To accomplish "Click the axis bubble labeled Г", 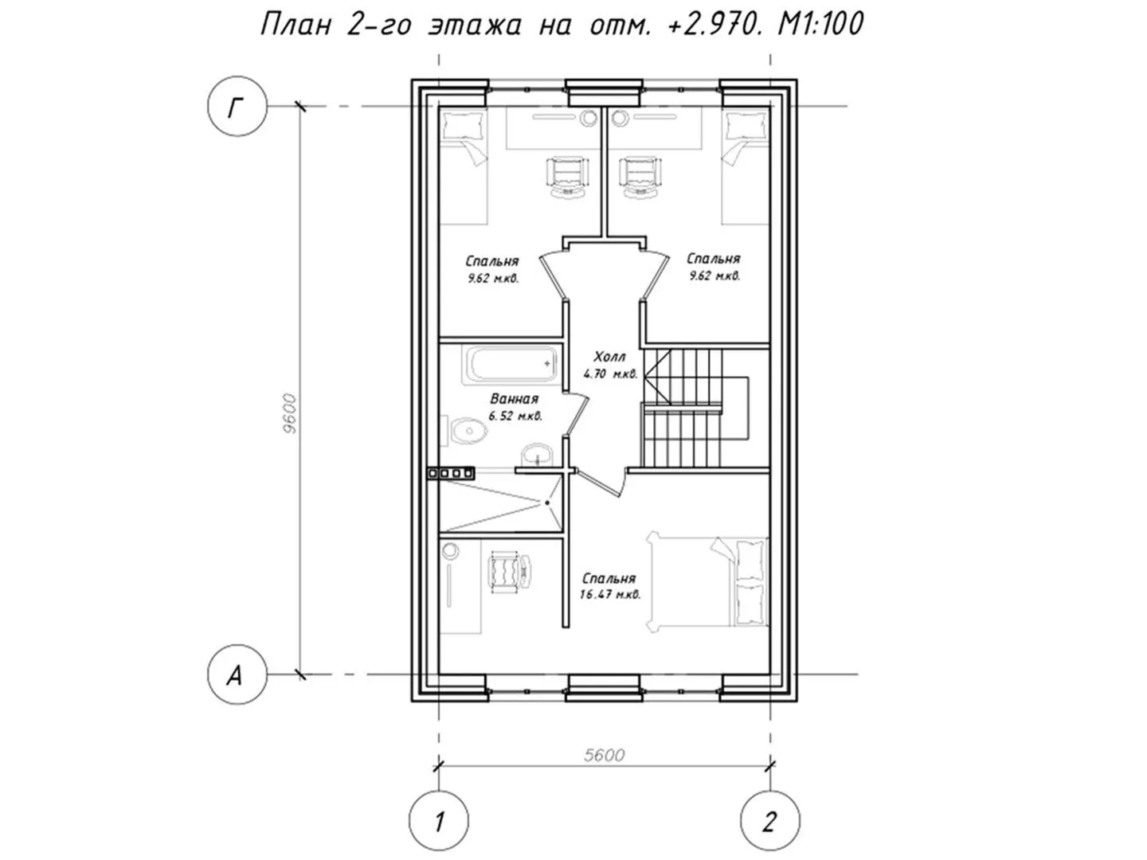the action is click(237, 107).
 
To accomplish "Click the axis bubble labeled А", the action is click(237, 674).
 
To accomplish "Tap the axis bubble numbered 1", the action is click(438, 821).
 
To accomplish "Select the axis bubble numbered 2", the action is click(769, 821).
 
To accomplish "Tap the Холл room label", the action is click(609, 358).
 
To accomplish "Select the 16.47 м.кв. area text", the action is click(610, 594).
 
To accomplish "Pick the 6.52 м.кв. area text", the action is click(515, 416).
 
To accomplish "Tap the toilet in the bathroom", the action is click(464, 431).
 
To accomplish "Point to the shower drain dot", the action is click(547, 502).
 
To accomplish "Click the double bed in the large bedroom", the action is click(707, 582).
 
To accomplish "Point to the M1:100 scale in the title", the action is click(820, 24).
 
